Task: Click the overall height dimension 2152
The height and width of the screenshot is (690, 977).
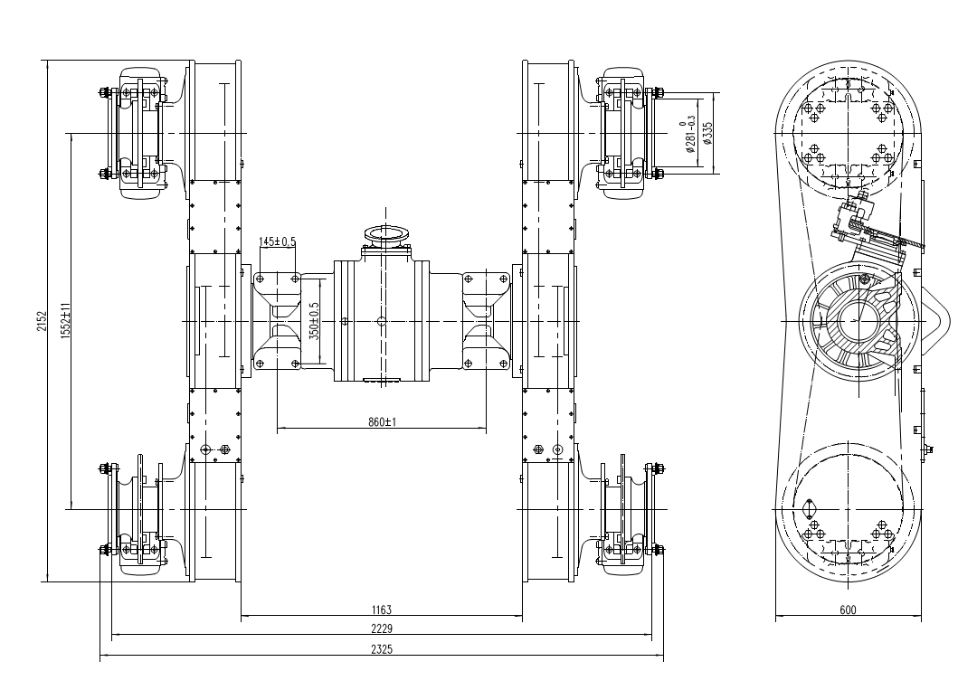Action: coord(42,322)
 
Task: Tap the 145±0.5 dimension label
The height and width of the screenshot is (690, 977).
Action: coord(278,241)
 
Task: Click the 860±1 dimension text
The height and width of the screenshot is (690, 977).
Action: coord(383,421)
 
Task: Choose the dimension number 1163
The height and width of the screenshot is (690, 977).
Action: coord(382,611)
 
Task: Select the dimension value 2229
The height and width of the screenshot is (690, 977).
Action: coord(382,628)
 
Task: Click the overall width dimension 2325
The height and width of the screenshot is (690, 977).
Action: coord(382,649)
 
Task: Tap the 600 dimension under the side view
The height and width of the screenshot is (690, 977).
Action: coord(848,610)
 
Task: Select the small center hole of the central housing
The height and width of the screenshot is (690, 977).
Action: coord(382,321)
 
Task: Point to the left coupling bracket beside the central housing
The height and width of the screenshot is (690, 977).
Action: coord(277,321)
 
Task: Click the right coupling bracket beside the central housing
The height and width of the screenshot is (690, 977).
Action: coord(487,321)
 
